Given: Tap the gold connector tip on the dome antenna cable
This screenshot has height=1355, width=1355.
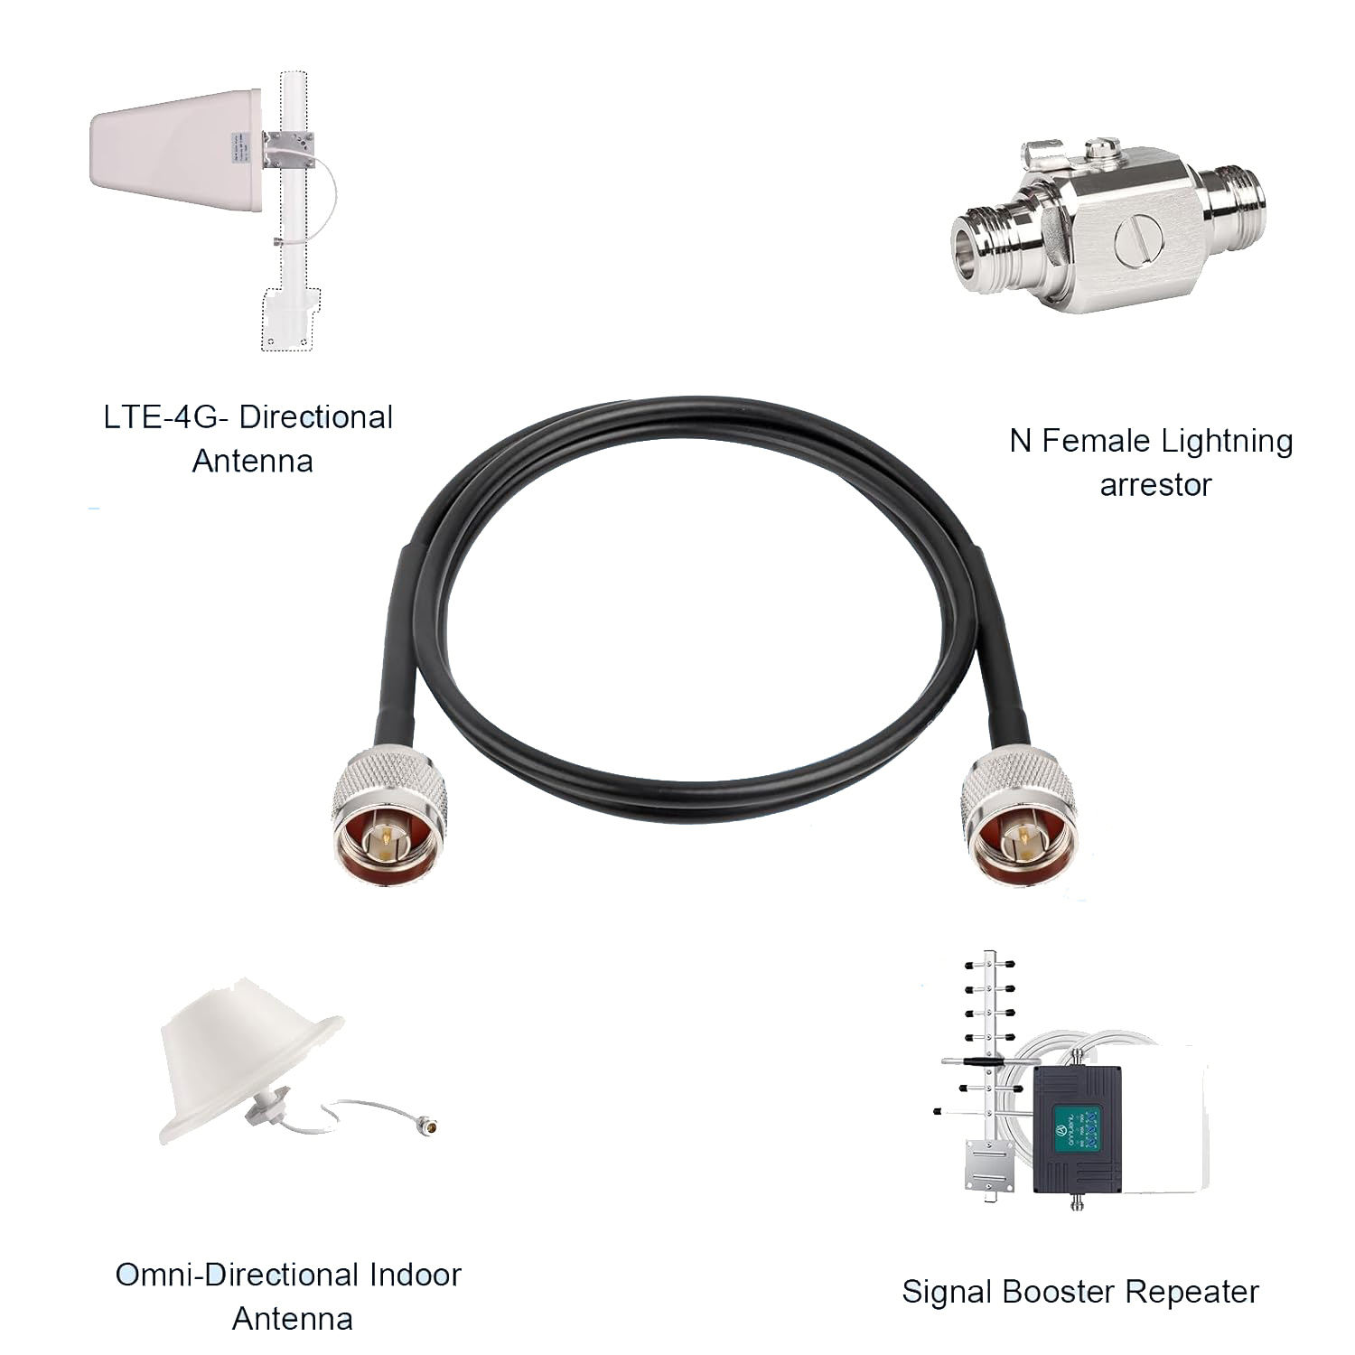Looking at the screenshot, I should click(436, 1126).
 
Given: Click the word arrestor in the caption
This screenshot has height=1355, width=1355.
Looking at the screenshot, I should click(1154, 485).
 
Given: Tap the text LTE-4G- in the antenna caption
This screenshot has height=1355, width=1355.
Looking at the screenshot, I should click(167, 417).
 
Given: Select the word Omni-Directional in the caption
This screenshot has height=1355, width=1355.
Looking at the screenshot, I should click(237, 1275).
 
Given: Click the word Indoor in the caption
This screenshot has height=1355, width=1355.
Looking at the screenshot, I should click(415, 1275).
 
